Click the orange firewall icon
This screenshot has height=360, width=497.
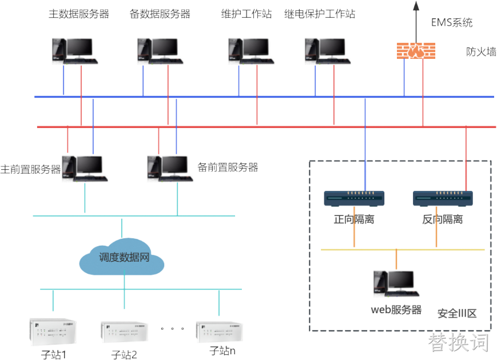point(416,51)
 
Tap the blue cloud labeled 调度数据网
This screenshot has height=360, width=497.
point(122,257)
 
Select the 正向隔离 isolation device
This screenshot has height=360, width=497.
point(354,198)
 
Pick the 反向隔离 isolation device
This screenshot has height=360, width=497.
point(443,198)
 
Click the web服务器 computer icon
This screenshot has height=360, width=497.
point(396,283)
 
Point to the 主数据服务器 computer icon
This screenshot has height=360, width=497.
point(75,51)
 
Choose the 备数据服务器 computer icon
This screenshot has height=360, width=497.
point(160,51)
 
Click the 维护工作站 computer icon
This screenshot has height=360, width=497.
point(251,51)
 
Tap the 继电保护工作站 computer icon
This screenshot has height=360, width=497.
point(327,51)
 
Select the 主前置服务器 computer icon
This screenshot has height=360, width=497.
point(85,169)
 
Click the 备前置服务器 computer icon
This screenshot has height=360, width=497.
point(170,169)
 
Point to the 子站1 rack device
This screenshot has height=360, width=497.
point(53,332)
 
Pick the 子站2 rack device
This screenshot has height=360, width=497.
point(124,332)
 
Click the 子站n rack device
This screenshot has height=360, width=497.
point(219,332)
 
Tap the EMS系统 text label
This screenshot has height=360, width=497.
point(452,22)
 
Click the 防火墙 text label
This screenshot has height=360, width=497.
point(481,51)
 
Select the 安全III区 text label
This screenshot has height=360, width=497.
point(457,314)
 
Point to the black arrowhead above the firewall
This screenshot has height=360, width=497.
point(416,5)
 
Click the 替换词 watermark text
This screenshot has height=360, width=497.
point(458,342)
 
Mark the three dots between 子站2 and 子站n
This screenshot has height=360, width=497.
point(172,329)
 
